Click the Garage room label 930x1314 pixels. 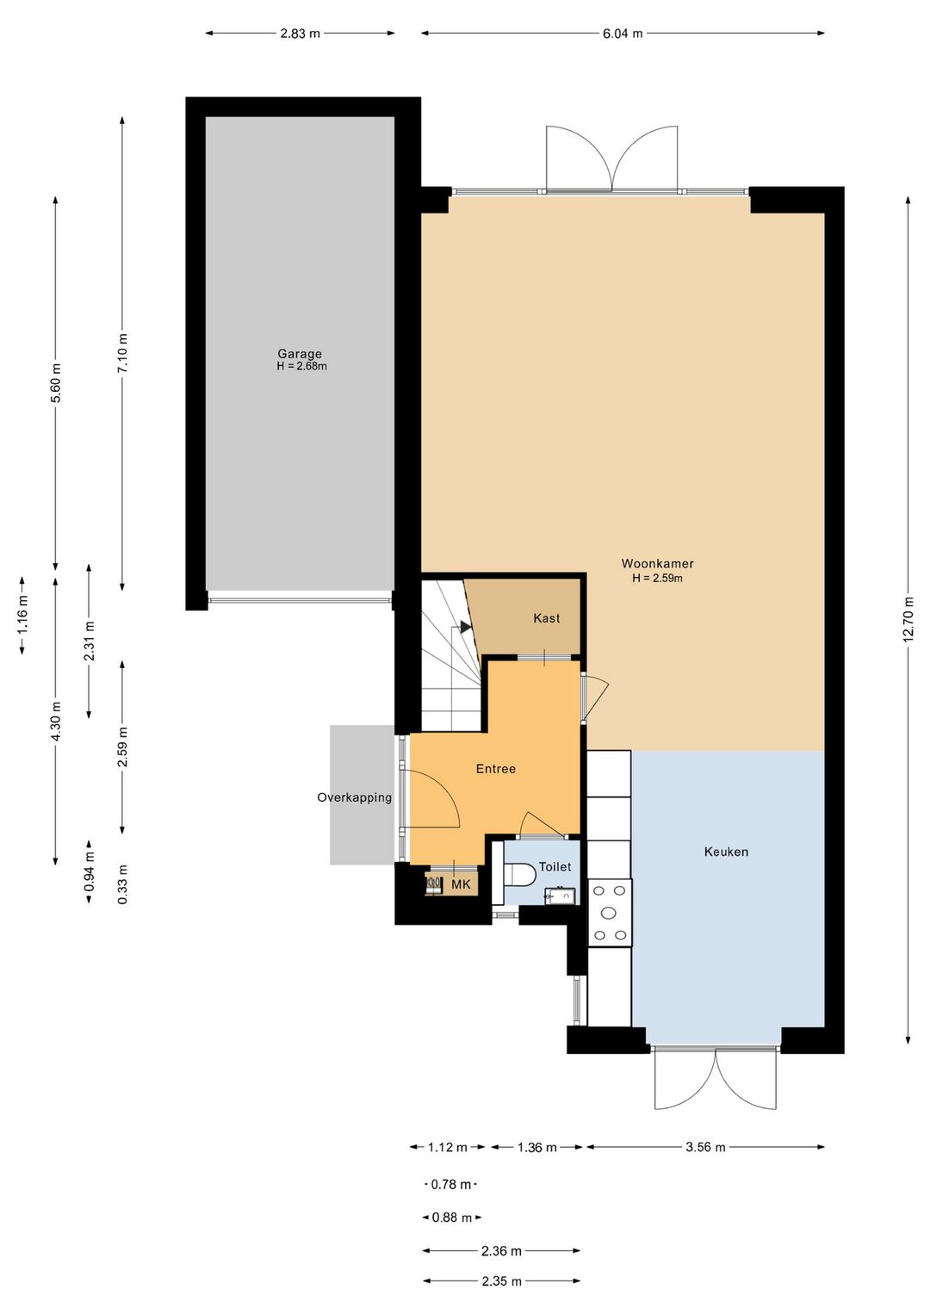click(x=300, y=354)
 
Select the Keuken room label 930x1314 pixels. click(x=726, y=852)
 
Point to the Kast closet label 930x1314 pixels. click(x=546, y=618)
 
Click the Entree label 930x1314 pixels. click(x=496, y=769)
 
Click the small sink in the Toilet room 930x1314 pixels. click(x=559, y=896)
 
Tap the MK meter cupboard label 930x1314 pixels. click(x=461, y=884)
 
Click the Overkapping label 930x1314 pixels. click(x=355, y=797)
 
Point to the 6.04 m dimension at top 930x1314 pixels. click(x=623, y=34)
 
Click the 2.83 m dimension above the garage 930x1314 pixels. click(x=300, y=34)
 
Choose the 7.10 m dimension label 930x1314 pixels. click(x=122, y=352)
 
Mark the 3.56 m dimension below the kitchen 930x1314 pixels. click(x=705, y=1147)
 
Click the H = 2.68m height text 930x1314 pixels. click(x=301, y=367)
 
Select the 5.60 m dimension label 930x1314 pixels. click(x=56, y=383)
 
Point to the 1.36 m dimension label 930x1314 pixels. click(x=536, y=1147)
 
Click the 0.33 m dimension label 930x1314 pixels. click(x=122, y=884)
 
